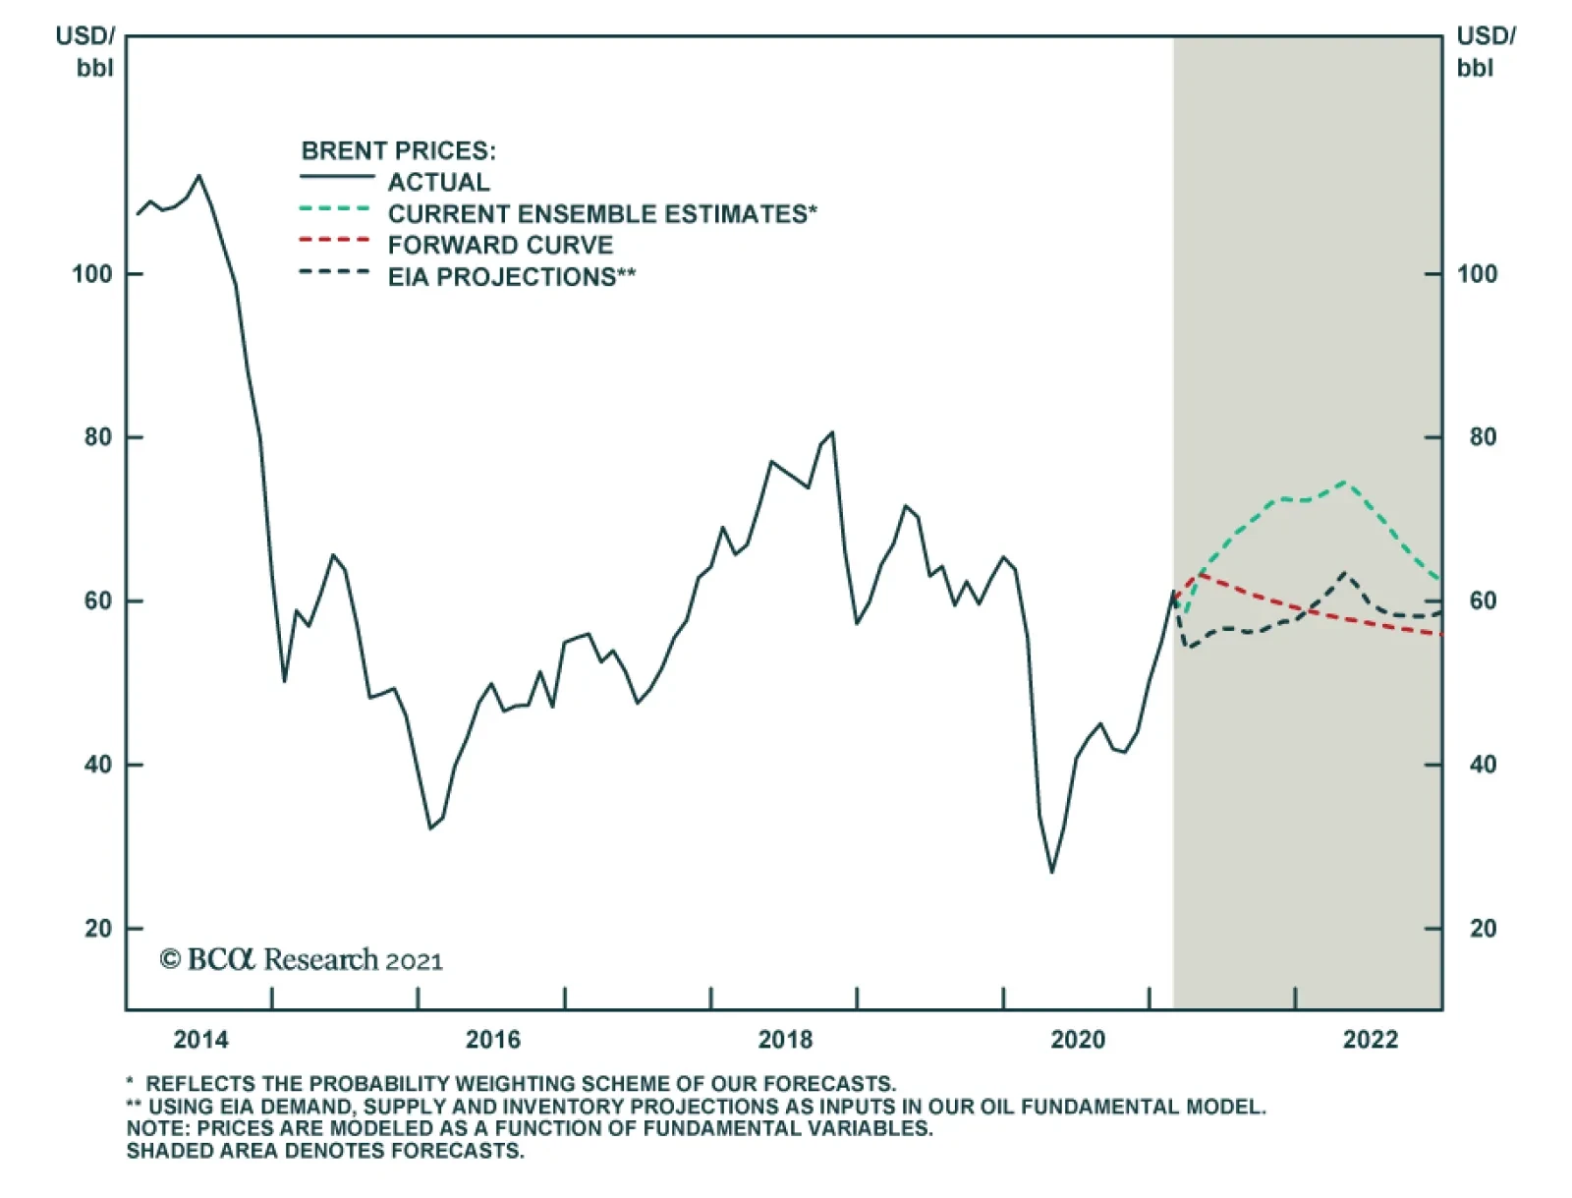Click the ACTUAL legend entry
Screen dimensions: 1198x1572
coord(438,182)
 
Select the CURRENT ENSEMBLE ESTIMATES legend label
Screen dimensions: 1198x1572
coord(601,214)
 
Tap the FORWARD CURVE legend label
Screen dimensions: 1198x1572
coord(500,246)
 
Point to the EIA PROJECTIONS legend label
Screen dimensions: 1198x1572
coord(511,277)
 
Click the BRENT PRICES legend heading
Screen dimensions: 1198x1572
coord(398,150)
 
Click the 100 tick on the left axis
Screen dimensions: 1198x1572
coord(92,274)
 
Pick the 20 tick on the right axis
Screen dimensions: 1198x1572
coord(1482,929)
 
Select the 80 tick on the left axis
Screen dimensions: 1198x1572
coord(98,437)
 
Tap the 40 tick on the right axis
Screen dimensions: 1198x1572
coord(1482,765)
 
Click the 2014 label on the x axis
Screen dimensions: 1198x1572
coord(200,1039)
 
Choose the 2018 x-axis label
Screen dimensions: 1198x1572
coord(785,1039)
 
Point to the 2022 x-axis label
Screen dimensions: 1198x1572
coord(1370,1039)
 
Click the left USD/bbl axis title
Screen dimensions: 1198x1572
coord(86,51)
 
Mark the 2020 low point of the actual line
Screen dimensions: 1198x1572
coord(1051,872)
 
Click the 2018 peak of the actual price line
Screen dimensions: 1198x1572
coord(832,432)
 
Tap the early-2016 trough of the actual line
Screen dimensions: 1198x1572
coord(430,827)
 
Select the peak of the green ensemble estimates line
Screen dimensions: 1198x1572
coord(1344,482)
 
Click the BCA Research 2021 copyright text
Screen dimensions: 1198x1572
coord(302,959)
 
